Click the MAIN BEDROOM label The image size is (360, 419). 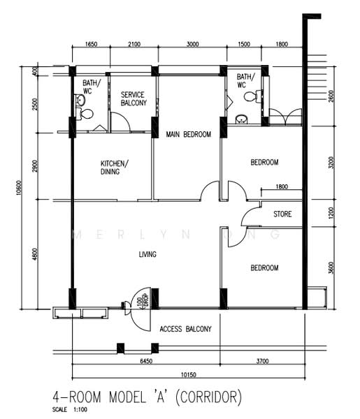click(x=187, y=135)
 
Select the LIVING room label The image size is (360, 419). click(x=147, y=254)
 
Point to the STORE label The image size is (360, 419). click(x=282, y=214)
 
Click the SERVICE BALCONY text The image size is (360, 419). click(x=134, y=98)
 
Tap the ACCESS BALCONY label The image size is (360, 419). click(x=185, y=329)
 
